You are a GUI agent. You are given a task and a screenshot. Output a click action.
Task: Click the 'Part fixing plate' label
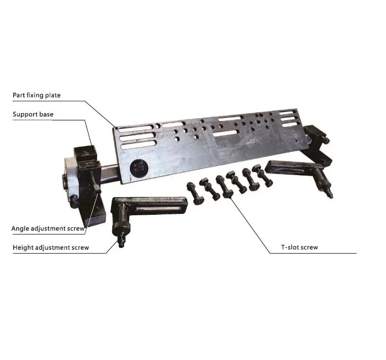pos(36,95)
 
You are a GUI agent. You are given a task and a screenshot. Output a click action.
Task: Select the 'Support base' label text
pos(33,114)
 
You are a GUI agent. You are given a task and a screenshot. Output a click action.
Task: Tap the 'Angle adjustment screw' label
pos(48,228)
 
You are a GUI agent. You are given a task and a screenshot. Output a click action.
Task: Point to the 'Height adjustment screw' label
pos(51,247)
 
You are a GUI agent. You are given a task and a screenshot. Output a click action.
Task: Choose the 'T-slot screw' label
pos(299,247)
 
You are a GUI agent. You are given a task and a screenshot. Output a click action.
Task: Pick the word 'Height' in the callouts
pos(23,247)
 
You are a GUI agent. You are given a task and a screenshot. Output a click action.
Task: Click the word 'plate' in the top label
pos(53,95)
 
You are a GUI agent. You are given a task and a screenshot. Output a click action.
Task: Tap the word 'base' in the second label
pos(46,114)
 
